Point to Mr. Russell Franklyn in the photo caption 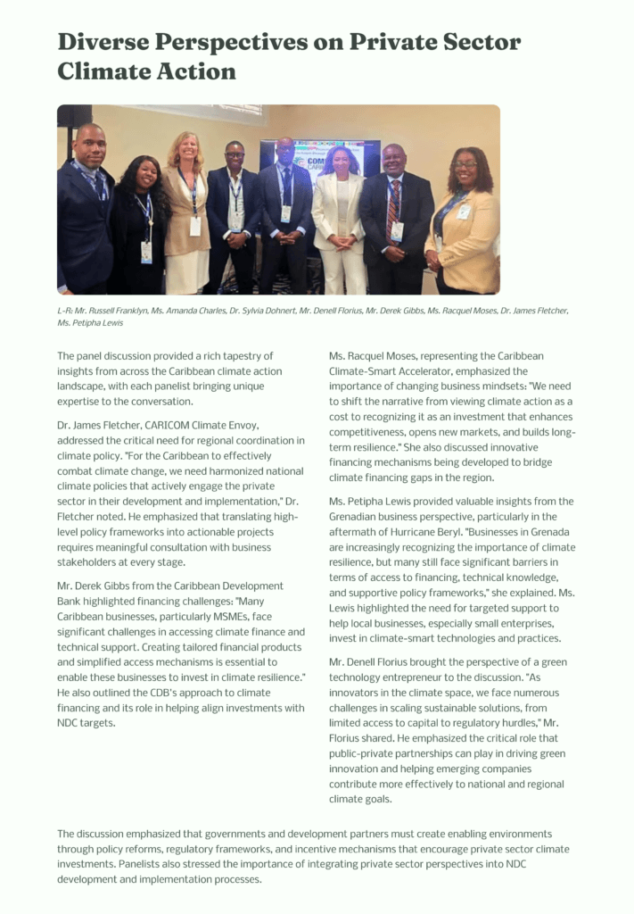111,311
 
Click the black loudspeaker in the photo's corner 74,117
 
